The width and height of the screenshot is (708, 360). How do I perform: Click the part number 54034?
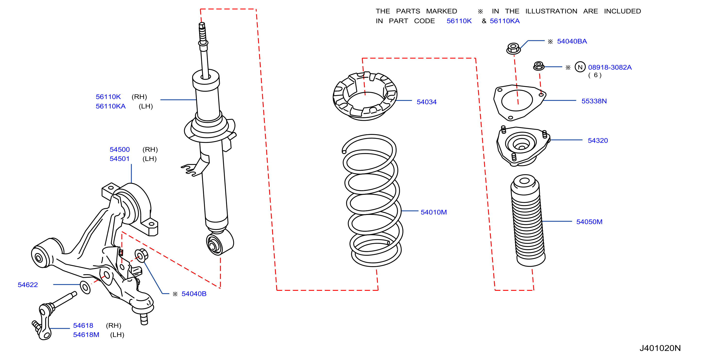(427, 102)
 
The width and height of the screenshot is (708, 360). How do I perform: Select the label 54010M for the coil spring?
(434, 212)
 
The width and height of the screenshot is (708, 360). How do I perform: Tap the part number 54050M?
(589, 222)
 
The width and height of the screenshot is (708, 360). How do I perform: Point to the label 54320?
(598, 140)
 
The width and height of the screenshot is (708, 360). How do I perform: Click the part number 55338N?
(594, 101)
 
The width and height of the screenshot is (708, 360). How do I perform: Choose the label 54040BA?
(572, 41)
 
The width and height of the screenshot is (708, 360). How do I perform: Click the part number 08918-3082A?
(610, 67)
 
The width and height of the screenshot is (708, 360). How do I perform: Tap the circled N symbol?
(580, 67)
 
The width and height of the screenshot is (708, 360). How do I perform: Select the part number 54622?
(28, 285)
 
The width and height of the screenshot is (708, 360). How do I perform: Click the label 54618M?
(86, 335)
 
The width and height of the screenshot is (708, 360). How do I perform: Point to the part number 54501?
(120, 159)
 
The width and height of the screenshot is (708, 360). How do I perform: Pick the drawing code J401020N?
(660, 348)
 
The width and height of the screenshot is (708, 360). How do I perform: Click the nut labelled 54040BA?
(513, 48)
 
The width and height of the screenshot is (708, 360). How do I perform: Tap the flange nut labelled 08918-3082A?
(539, 66)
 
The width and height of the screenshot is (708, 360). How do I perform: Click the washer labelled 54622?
(85, 287)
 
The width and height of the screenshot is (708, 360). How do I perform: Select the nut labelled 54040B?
(141, 255)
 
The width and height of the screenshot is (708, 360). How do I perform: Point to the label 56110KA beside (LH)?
(111, 106)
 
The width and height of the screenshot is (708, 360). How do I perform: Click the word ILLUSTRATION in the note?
(551, 11)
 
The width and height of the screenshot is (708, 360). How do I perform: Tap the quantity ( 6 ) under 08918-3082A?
(595, 75)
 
